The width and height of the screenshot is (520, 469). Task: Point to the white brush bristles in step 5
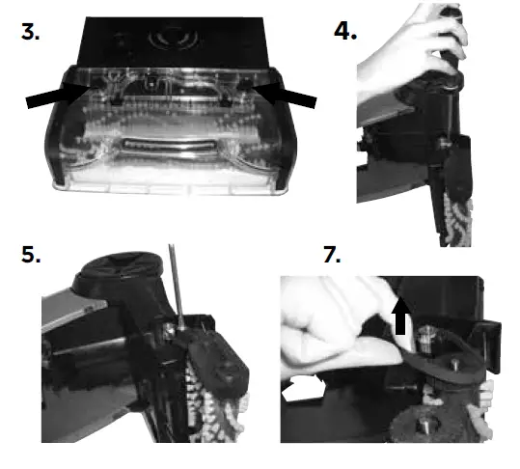(x=207, y=405)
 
